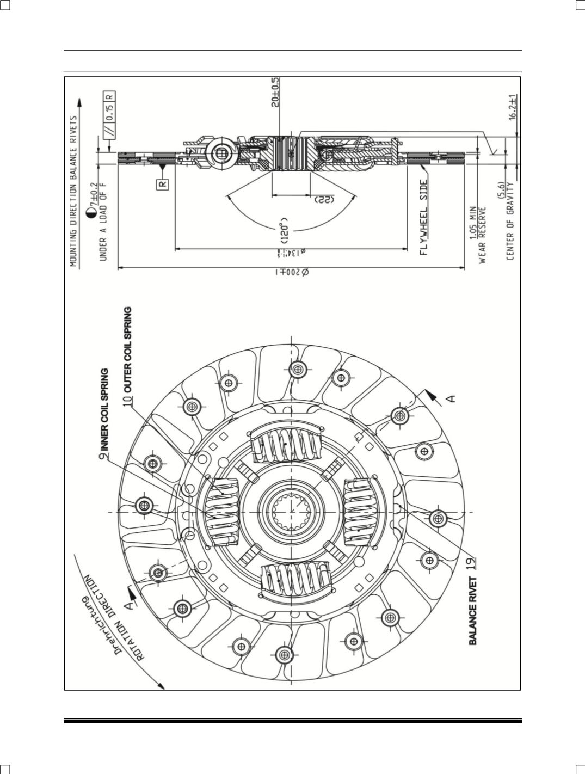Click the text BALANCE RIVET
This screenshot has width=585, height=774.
point(473,611)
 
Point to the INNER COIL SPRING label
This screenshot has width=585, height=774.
point(104,409)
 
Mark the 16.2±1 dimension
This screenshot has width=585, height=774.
point(513,108)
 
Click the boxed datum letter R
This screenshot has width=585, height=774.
point(163,184)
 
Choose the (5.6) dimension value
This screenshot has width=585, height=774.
point(502,191)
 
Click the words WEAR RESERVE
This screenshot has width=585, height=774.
point(482,234)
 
